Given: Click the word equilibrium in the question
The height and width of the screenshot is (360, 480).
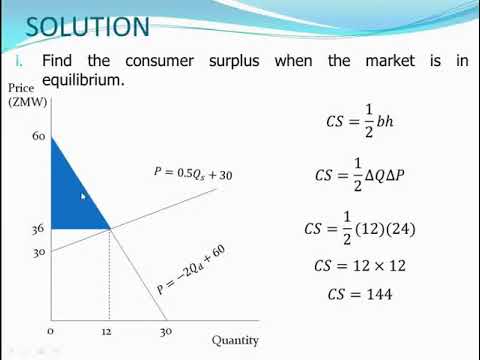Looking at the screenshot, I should coord(83,80).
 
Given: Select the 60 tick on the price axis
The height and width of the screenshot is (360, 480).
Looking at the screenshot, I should coord(38,135).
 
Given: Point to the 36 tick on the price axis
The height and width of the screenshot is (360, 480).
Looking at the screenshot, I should coord(37,229).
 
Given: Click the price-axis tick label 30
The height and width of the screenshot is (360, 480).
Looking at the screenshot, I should coord(37,252).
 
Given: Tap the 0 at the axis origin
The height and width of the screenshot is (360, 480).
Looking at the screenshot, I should coord(50,331).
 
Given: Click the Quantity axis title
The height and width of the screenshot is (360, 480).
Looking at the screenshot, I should coord(235,339).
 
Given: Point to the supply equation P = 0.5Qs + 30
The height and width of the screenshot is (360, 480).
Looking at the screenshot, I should coord(194,173).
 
